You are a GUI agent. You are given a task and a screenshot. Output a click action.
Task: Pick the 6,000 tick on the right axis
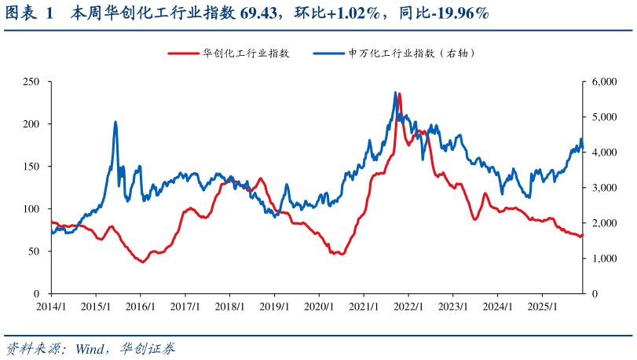606,82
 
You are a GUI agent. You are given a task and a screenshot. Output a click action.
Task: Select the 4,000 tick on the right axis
606,152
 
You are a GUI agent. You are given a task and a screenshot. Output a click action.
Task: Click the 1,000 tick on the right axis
606,259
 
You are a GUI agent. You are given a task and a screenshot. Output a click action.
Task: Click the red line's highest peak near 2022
400,94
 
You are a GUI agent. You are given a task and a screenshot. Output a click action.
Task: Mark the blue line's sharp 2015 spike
115,123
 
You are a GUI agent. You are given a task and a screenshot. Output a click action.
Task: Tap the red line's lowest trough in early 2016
142,262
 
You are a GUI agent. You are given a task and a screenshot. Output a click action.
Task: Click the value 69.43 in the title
284,13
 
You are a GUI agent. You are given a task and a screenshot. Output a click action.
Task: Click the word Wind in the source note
94,348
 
